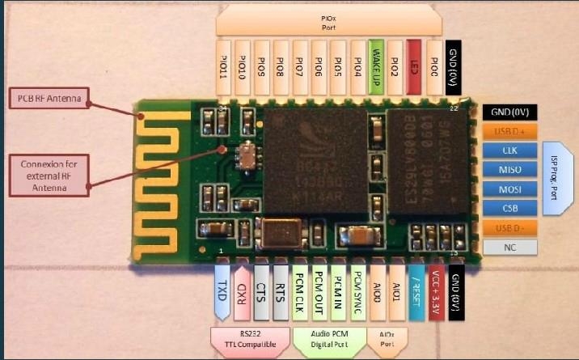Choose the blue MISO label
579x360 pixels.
(509, 170)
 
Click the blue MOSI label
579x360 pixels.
(509, 189)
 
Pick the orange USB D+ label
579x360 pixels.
(509, 131)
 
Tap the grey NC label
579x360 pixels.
(509, 248)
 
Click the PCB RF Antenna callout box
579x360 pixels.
(51, 100)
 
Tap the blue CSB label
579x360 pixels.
(509, 209)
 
